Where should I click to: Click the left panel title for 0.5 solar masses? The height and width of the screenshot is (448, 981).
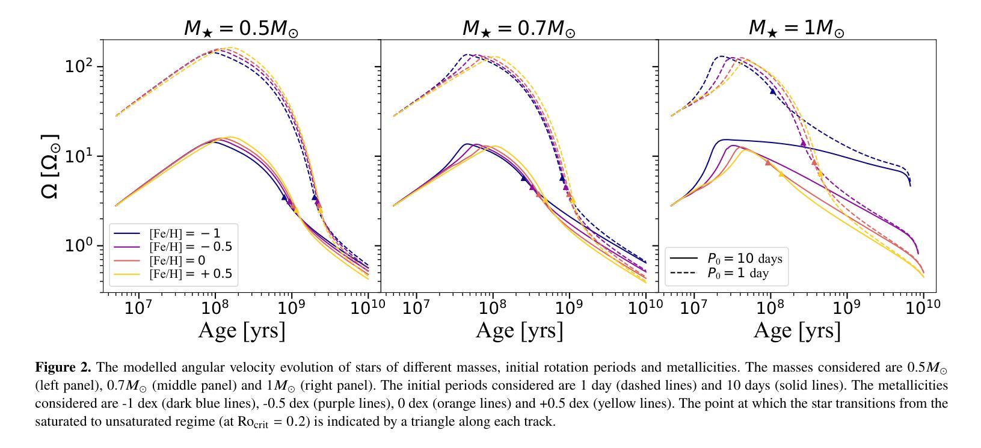pos(241,28)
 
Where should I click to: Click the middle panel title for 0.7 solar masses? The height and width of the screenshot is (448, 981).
pos(518,28)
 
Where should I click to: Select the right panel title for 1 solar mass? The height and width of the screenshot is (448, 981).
pos(796,28)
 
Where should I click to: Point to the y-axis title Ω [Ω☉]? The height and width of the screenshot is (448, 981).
pos(51,167)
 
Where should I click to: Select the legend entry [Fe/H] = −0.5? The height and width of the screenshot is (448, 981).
pos(190,247)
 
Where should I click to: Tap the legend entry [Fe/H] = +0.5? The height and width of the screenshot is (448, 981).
pos(190,275)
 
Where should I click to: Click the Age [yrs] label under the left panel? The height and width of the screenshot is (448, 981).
pos(242,330)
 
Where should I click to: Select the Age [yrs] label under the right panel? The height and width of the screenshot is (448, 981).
pos(797,330)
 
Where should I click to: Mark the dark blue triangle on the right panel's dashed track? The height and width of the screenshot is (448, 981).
pos(773,91)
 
